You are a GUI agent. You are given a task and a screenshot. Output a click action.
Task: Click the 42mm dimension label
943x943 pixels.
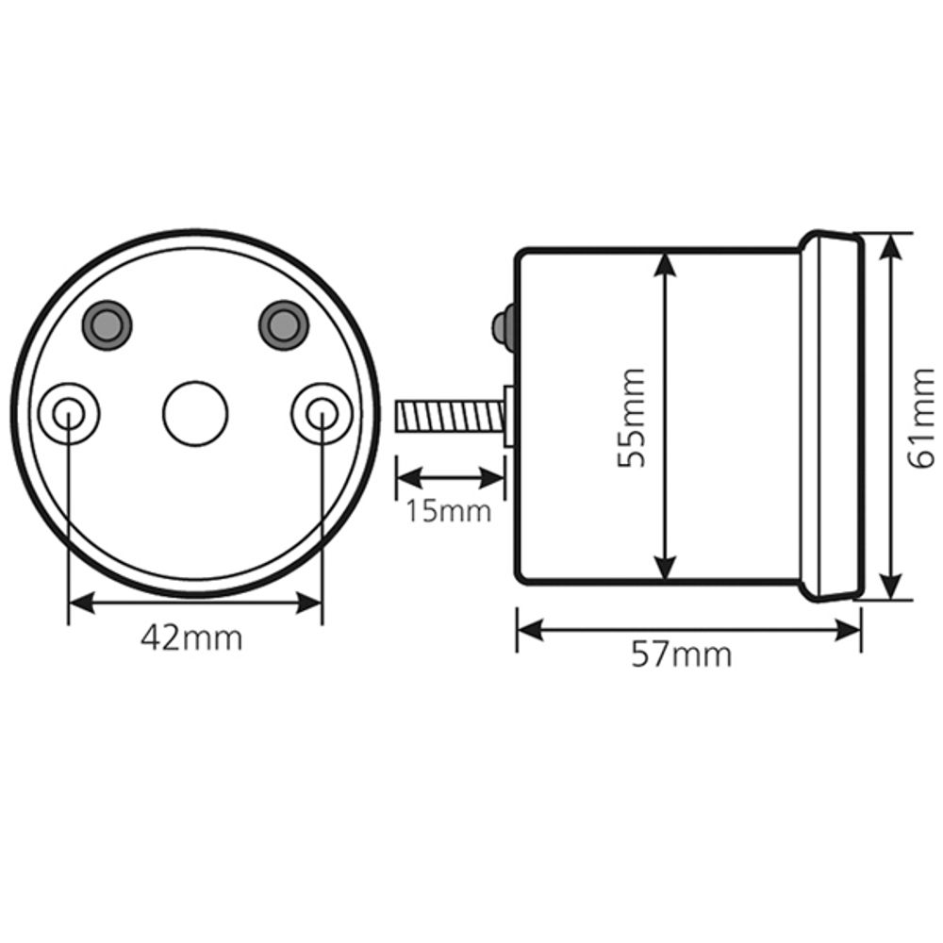click(x=191, y=638)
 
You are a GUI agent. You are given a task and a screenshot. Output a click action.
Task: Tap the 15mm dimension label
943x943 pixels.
click(x=449, y=511)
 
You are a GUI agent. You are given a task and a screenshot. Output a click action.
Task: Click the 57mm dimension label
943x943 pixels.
click(x=681, y=654)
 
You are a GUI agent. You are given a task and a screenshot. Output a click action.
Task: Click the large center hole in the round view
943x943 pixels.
click(x=195, y=413)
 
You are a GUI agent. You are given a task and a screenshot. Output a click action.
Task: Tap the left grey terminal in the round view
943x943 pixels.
click(x=107, y=324)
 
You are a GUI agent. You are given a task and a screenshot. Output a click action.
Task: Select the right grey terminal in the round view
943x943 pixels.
click(x=283, y=324)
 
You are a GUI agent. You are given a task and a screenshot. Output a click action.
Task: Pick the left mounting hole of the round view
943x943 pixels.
click(x=69, y=412)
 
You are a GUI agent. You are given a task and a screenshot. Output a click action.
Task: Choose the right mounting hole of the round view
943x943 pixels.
click(x=322, y=412)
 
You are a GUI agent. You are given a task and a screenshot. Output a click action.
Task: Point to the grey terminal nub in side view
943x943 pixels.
click(x=502, y=325)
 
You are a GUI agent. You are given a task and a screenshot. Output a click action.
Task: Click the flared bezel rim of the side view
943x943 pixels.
click(x=835, y=415)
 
